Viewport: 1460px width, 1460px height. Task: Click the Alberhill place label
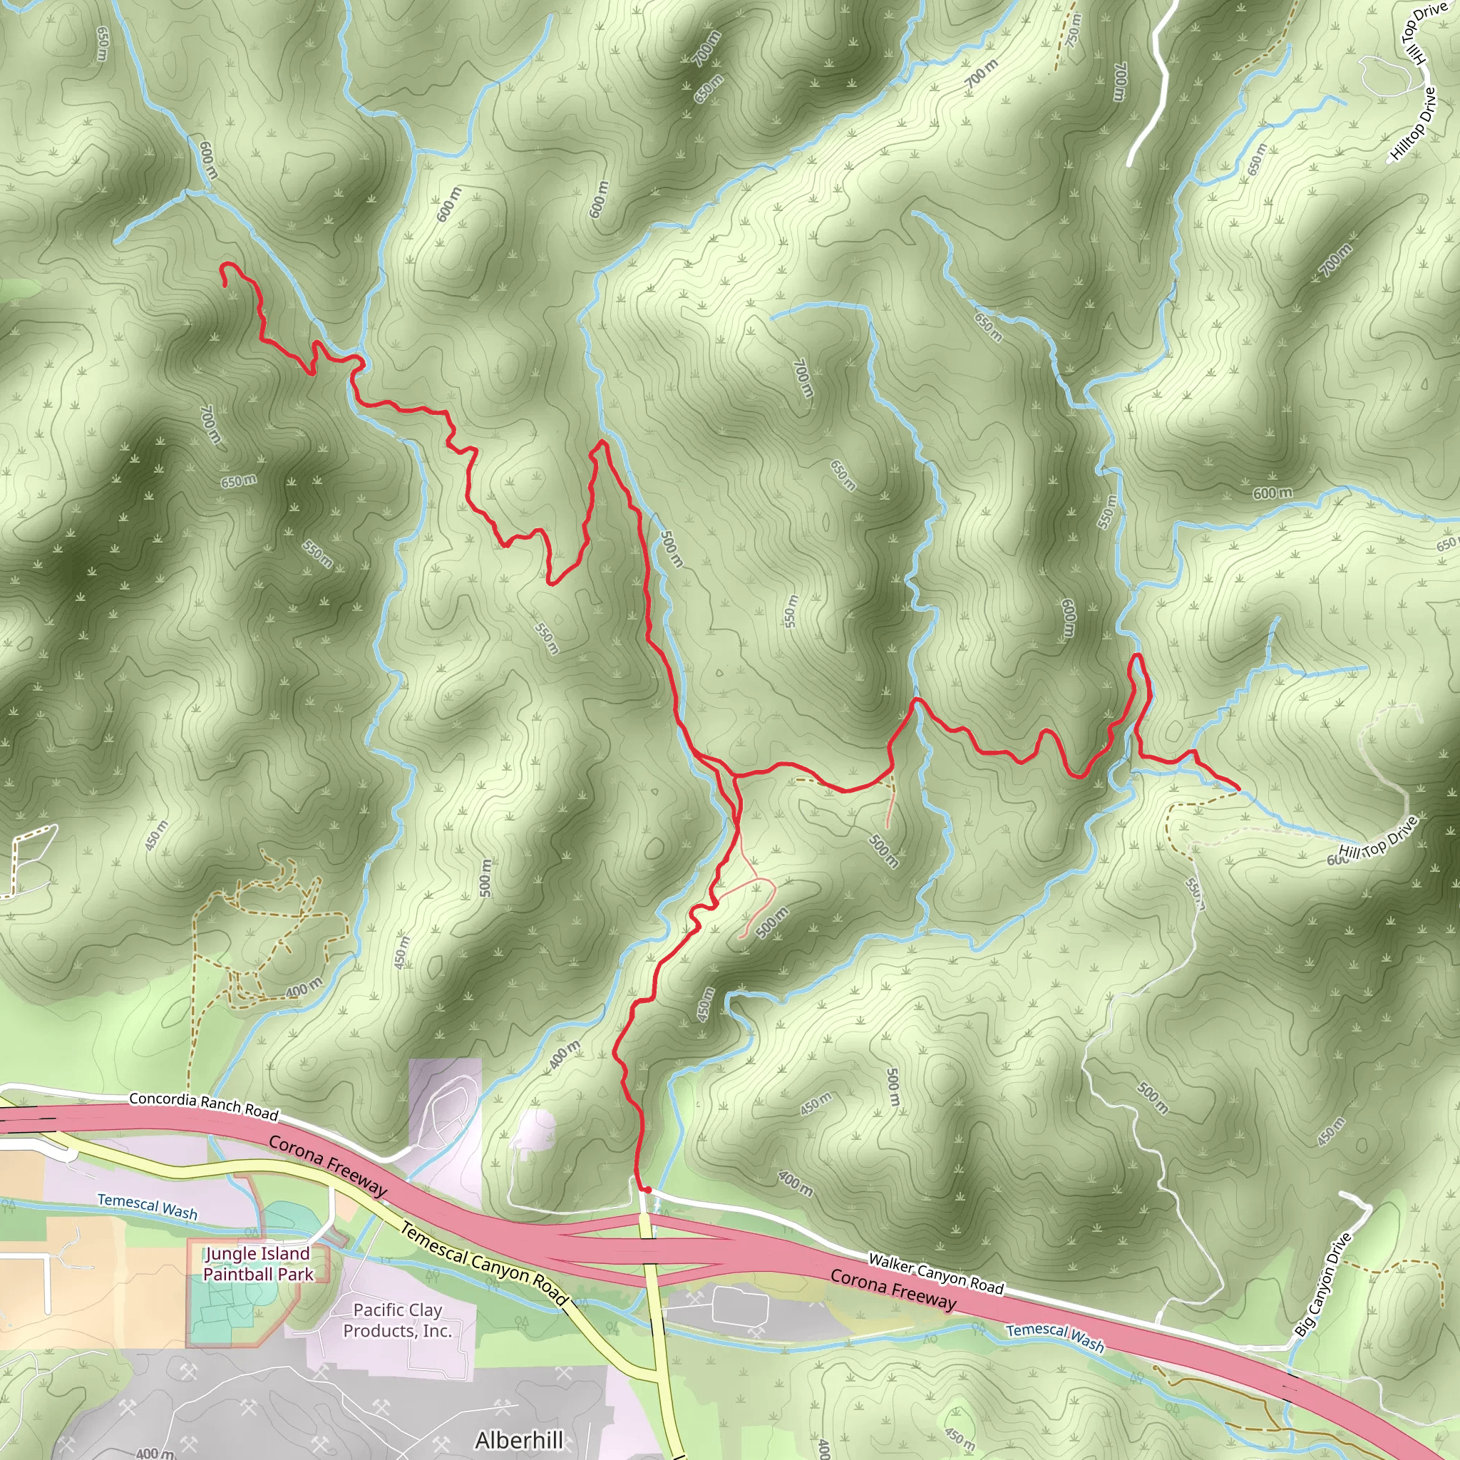[519, 1439]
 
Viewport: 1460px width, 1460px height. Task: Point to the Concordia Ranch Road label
[204, 1106]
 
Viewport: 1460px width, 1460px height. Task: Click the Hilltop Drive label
[1413, 125]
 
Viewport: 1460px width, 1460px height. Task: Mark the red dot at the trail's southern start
[647, 1191]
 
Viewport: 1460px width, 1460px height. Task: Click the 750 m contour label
[1074, 30]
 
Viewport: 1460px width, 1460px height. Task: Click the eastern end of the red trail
[1238, 789]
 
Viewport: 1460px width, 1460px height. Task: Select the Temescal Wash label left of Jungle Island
[148, 1206]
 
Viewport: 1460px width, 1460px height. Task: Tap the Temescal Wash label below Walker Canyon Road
[1055, 1337]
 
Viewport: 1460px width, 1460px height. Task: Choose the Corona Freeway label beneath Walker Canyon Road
[893, 1288]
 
